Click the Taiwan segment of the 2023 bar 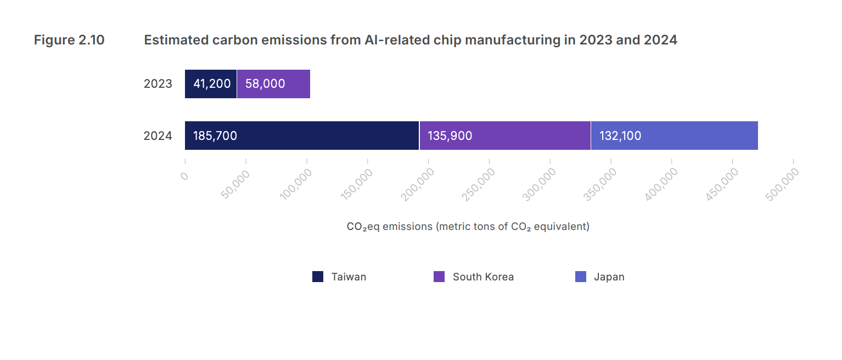click(x=211, y=84)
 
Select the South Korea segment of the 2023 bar click(x=273, y=84)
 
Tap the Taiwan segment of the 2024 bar click(x=302, y=136)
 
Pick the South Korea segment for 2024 click(x=505, y=136)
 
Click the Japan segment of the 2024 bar click(x=675, y=136)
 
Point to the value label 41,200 click(x=212, y=84)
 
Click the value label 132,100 click(x=620, y=136)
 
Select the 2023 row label click(x=158, y=84)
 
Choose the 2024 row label click(x=158, y=136)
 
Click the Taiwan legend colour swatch click(x=318, y=277)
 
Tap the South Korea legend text click(x=483, y=277)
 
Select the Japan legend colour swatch click(x=581, y=277)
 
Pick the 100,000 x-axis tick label click(x=296, y=183)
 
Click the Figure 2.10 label click(x=69, y=40)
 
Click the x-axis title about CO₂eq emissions click(x=468, y=227)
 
